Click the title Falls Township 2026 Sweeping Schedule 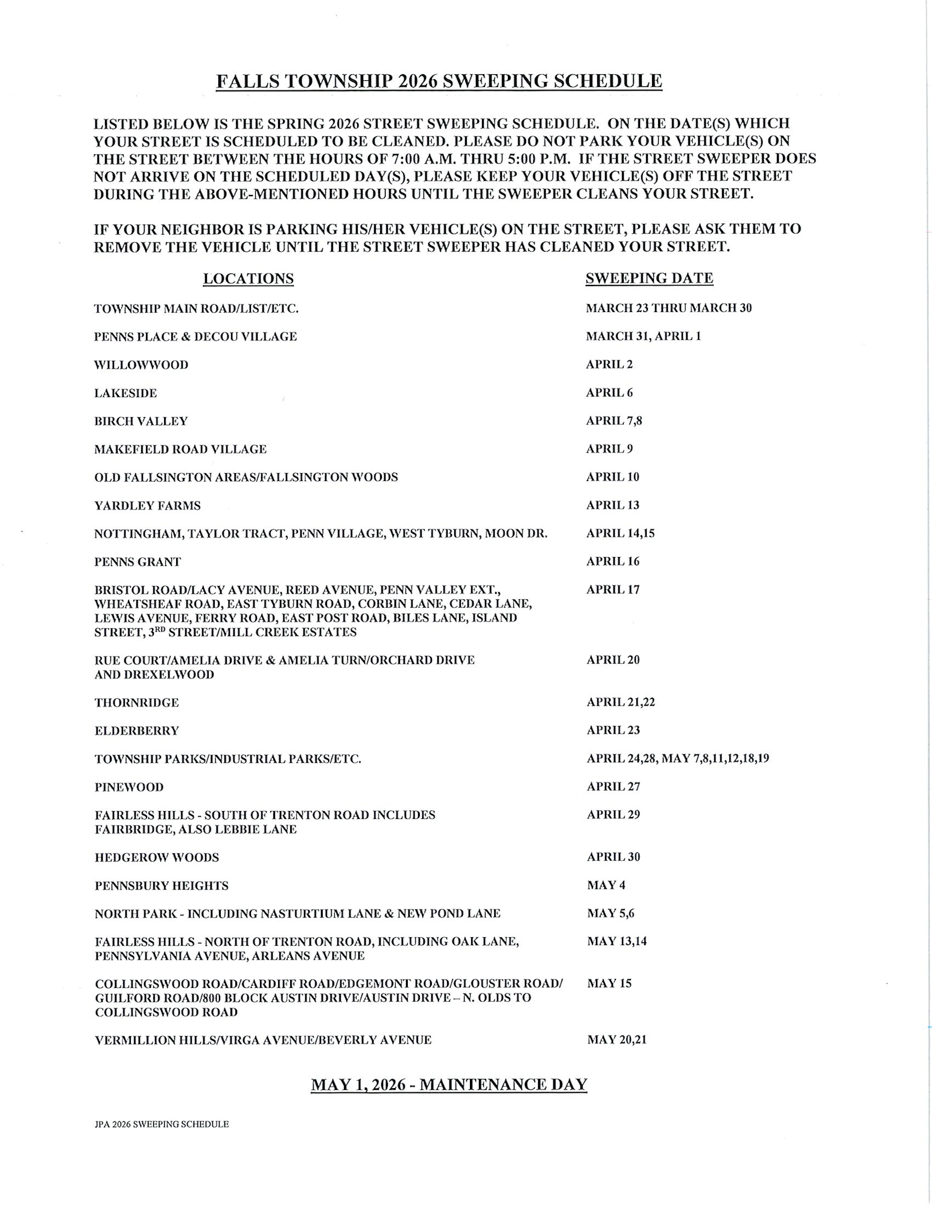coord(439,81)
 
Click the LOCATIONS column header coord(248,278)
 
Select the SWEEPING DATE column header coord(649,278)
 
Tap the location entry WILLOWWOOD coord(141,365)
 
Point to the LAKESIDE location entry coord(125,393)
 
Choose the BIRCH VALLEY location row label coord(141,421)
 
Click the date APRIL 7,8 coord(614,421)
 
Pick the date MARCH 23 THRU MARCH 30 coord(668,308)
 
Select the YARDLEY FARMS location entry coord(147,506)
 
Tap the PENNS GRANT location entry coord(138,562)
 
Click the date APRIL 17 coord(613,590)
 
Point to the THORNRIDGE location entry coord(137,702)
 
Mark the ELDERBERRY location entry coord(137,731)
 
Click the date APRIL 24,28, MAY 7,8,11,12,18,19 coord(678,758)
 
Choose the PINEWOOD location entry coord(129,787)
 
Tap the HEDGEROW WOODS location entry coord(157,858)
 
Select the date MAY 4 coord(606,885)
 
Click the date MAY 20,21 coord(617,1040)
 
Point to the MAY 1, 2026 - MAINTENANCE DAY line coord(449,1084)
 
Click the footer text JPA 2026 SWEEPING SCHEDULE coord(162,1124)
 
